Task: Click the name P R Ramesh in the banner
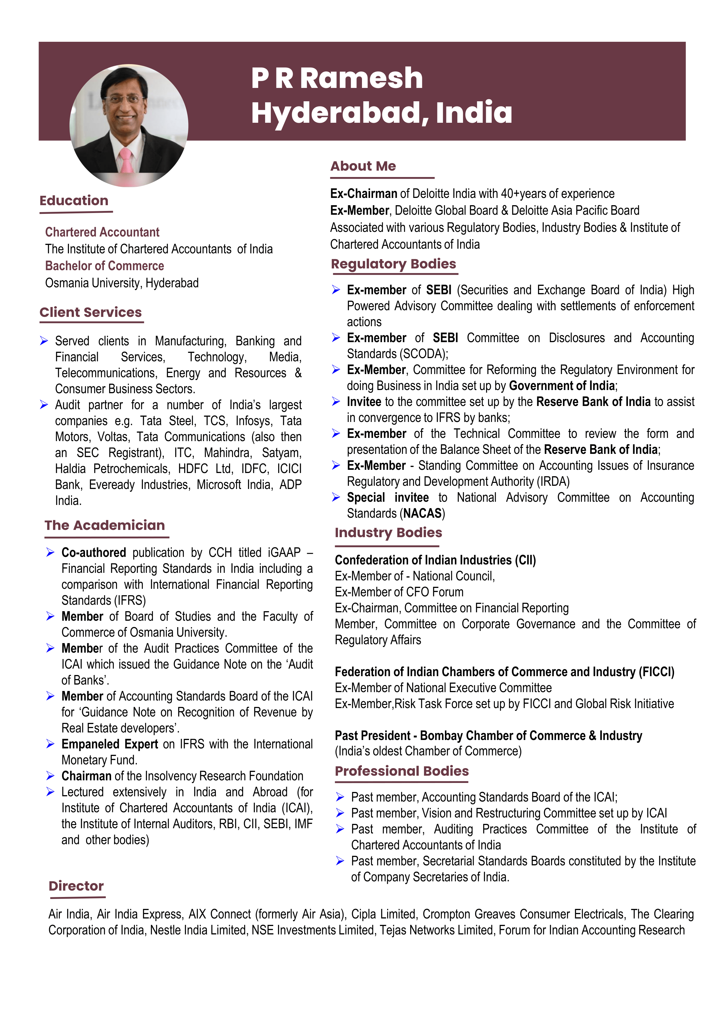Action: [337, 78]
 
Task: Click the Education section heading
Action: [74, 201]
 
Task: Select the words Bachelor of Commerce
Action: [104, 266]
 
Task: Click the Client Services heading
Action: [90, 312]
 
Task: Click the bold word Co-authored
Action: [93, 553]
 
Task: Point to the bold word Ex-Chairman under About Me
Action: [363, 194]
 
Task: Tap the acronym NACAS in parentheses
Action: [422, 513]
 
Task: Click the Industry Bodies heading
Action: [388, 533]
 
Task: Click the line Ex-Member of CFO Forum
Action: [399, 592]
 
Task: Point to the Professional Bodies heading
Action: [401, 771]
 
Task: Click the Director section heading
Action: [76, 886]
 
